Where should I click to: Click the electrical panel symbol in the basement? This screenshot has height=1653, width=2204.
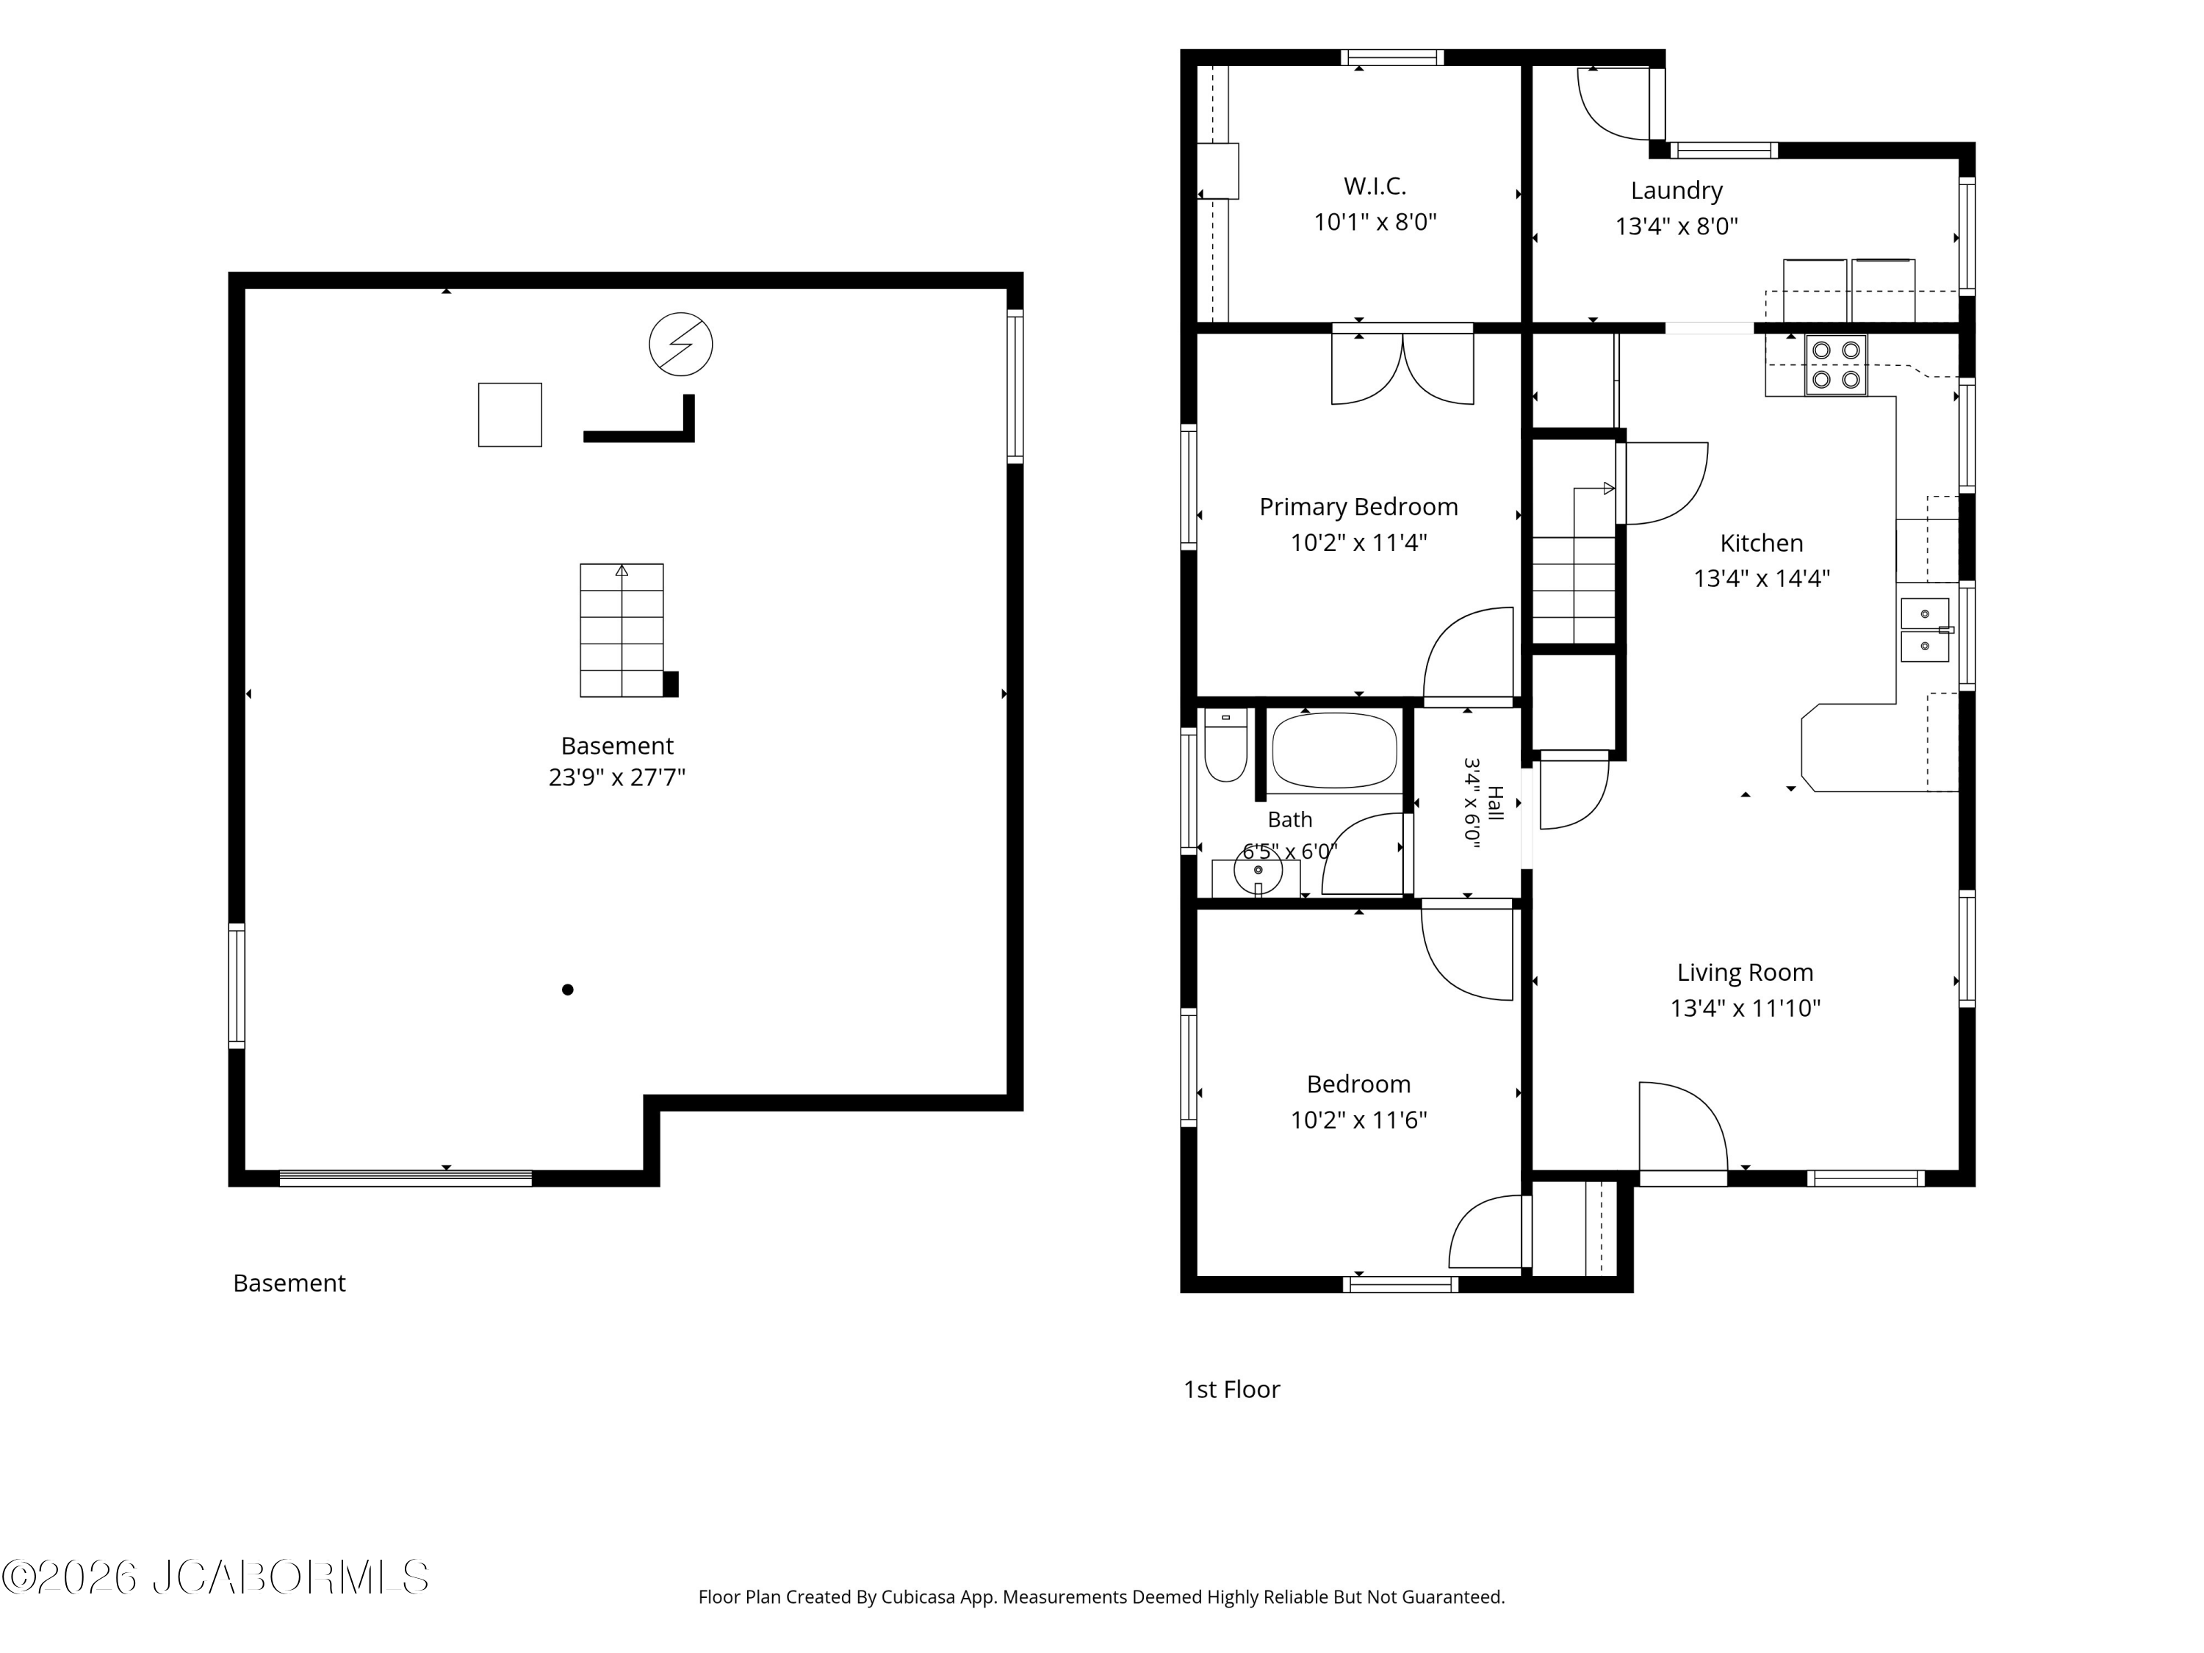coord(680,344)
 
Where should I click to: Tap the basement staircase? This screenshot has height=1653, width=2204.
coord(622,630)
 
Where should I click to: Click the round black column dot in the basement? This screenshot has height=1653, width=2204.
coord(568,990)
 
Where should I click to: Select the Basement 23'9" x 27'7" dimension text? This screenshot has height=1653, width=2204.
coord(617,777)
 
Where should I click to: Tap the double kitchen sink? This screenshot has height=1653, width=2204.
coord(1925,630)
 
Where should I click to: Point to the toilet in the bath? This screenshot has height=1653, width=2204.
coord(1225,744)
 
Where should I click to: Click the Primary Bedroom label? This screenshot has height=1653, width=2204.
coord(1358,507)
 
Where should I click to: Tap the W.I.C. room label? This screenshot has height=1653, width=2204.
coord(1375,187)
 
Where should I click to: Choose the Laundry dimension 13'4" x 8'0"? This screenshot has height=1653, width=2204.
coord(1677,226)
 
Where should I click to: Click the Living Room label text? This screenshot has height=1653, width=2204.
coord(1745,973)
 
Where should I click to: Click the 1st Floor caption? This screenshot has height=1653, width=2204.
coord(1231,1389)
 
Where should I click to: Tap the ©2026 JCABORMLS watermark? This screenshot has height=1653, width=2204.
coord(215,1577)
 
